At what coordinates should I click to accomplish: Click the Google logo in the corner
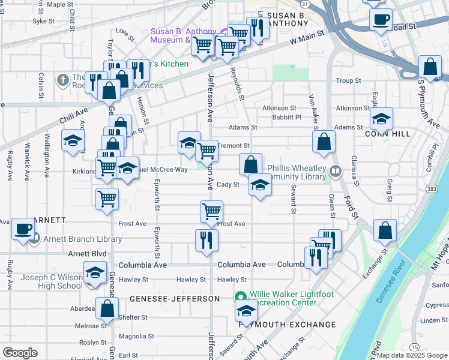point(20,353)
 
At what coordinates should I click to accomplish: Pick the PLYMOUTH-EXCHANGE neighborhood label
point(287,325)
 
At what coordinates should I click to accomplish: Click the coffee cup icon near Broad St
point(380,19)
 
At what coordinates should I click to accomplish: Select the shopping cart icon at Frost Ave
point(211,211)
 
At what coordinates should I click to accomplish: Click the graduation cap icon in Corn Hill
point(381,118)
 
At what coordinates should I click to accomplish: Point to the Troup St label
point(348,80)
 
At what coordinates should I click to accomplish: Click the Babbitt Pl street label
point(286,117)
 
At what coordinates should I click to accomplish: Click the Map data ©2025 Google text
point(412,355)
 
